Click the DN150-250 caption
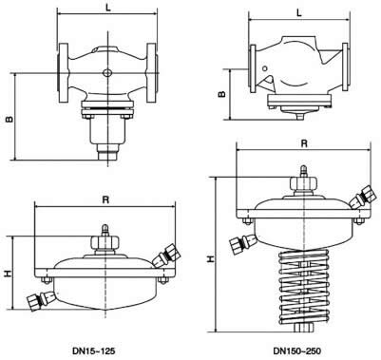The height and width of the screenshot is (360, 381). pos(297,351)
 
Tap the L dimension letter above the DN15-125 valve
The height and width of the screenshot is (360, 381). pos(108,9)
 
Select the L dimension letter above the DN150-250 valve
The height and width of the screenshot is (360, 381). pos(299,12)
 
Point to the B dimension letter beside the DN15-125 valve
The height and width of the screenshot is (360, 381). pos(10,119)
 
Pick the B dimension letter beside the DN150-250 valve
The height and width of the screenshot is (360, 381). pos(222,94)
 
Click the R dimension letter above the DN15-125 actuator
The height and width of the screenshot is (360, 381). pos(105,199)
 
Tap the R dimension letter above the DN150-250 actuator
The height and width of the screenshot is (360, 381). pos(304,143)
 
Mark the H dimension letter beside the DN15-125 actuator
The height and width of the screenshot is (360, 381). pos(9,273)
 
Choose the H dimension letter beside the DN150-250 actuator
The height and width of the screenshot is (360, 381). pos(210,259)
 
